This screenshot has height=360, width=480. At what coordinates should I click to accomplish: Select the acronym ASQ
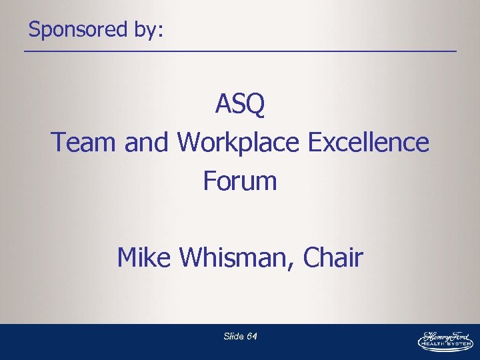coord(240,105)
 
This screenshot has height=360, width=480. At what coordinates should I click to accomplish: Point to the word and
coord(147,142)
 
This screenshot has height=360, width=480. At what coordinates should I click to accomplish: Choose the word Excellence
coord(369,142)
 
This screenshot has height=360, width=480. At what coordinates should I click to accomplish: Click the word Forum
coord(240,181)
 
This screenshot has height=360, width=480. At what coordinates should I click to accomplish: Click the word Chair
coord(333,257)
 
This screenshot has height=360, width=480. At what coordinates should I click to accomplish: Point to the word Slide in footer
coord(233,337)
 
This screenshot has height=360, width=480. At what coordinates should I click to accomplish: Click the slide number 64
coord(251,337)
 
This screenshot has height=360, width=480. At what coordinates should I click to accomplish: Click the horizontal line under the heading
coord(240,52)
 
